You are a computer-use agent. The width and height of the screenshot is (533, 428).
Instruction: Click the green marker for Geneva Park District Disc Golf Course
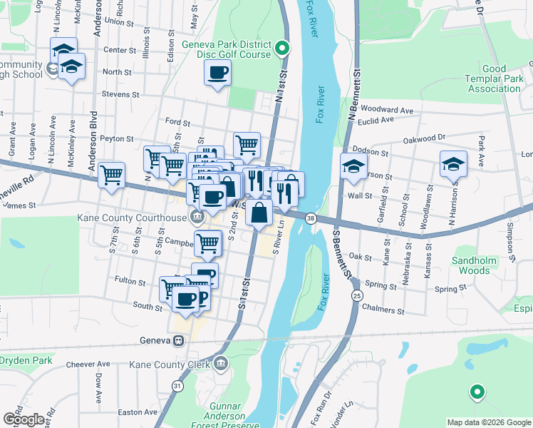[x=282, y=49]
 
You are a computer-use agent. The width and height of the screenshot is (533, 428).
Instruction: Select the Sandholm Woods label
[x=473, y=265]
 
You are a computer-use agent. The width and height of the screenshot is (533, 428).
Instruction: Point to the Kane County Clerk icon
[x=221, y=365]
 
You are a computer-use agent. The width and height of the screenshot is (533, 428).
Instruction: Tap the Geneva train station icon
[x=182, y=340]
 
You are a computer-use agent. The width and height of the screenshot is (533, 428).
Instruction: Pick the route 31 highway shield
[x=176, y=386]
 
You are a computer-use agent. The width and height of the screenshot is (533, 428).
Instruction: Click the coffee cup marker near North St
[x=217, y=71]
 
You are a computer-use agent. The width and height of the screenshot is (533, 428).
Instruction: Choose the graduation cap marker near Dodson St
[x=353, y=165]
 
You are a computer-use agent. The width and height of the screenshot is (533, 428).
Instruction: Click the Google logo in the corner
[x=24, y=419]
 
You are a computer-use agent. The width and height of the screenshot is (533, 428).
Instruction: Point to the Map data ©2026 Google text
[x=489, y=422]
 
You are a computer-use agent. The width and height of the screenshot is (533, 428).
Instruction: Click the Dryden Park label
[x=25, y=361]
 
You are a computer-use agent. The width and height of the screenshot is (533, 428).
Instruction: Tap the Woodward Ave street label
[x=387, y=111]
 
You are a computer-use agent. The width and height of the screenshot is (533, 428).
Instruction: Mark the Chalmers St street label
[x=383, y=312]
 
